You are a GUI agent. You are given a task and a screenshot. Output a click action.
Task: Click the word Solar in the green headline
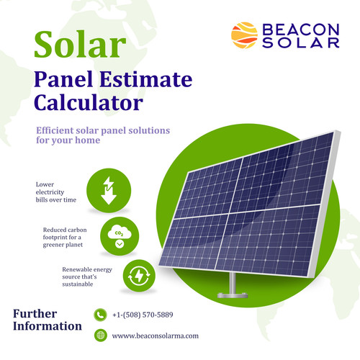(x=76, y=45)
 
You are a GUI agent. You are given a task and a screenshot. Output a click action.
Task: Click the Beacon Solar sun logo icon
(x=243, y=34)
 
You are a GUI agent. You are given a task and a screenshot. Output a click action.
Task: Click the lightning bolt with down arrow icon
(x=107, y=190)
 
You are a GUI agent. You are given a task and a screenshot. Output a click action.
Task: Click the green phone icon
(x=100, y=315)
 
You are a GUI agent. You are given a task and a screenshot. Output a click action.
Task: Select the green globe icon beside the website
(x=100, y=335)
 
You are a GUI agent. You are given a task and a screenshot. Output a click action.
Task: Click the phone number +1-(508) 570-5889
(x=143, y=315)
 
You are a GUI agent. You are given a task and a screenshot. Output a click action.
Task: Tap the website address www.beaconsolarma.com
(x=155, y=336)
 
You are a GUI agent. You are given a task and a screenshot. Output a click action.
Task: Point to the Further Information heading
(x=48, y=320)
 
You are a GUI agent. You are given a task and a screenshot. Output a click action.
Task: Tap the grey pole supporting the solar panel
(x=232, y=282)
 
